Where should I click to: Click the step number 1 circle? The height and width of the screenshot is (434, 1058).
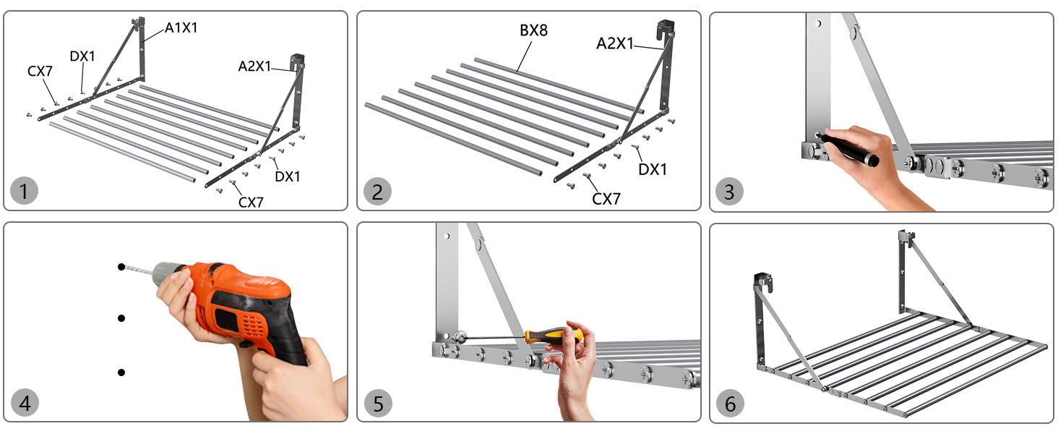[24, 191]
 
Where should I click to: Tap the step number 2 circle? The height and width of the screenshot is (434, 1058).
[377, 192]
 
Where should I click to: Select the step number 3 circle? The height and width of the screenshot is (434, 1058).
[729, 192]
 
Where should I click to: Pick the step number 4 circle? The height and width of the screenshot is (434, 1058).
[25, 403]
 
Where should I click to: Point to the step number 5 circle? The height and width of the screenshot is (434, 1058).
[379, 404]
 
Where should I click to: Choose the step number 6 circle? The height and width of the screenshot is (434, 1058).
[730, 404]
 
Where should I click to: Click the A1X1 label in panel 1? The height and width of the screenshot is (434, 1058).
[181, 28]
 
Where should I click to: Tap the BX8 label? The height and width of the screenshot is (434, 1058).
[534, 30]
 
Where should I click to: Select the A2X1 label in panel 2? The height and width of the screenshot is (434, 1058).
[614, 43]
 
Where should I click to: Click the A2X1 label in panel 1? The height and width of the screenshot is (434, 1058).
[254, 67]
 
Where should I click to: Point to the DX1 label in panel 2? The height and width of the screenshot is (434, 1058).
[653, 169]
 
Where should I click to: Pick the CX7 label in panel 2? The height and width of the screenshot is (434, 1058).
[606, 199]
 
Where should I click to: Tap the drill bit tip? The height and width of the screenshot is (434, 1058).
[121, 267]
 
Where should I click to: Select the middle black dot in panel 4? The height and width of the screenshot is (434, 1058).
[121, 318]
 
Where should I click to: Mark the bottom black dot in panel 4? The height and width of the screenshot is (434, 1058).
[121, 373]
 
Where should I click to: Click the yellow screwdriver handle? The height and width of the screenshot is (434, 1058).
[554, 336]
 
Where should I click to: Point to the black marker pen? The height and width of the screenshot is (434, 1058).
[848, 148]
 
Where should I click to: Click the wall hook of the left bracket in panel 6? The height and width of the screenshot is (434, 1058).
[764, 282]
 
